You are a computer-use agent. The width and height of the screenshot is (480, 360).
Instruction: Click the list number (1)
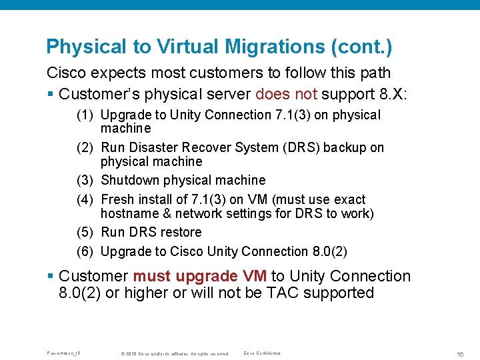(x=85, y=115)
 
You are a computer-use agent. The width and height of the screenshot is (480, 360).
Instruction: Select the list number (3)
(x=85, y=180)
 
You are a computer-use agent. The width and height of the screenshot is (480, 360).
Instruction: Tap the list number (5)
(x=85, y=232)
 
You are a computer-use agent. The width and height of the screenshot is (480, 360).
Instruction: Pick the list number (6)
(x=85, y=251)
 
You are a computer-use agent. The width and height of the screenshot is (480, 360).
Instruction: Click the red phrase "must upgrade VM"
(x=200, y=276)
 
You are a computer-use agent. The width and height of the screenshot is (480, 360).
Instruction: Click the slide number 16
(x=461, y=353)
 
